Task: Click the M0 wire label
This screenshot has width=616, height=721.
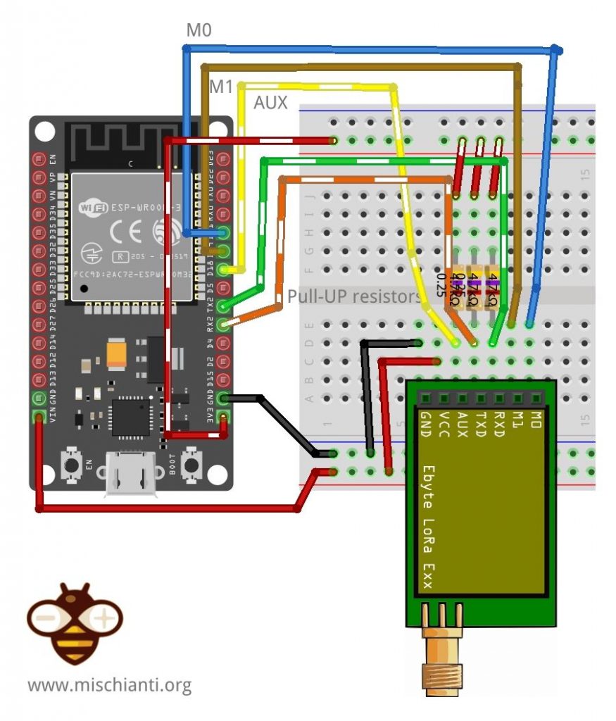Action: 199,30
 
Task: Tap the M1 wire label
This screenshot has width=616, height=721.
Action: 221,87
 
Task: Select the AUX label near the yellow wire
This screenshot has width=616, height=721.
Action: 271,103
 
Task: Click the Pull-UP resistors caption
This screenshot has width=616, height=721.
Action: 354,296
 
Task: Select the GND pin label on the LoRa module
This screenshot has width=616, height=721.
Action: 425,425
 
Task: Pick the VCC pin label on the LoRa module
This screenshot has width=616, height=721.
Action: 444,425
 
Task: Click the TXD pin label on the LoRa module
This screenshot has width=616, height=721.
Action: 481,425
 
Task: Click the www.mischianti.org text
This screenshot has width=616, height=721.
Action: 110,684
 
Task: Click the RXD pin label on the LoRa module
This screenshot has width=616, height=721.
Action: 499,425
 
